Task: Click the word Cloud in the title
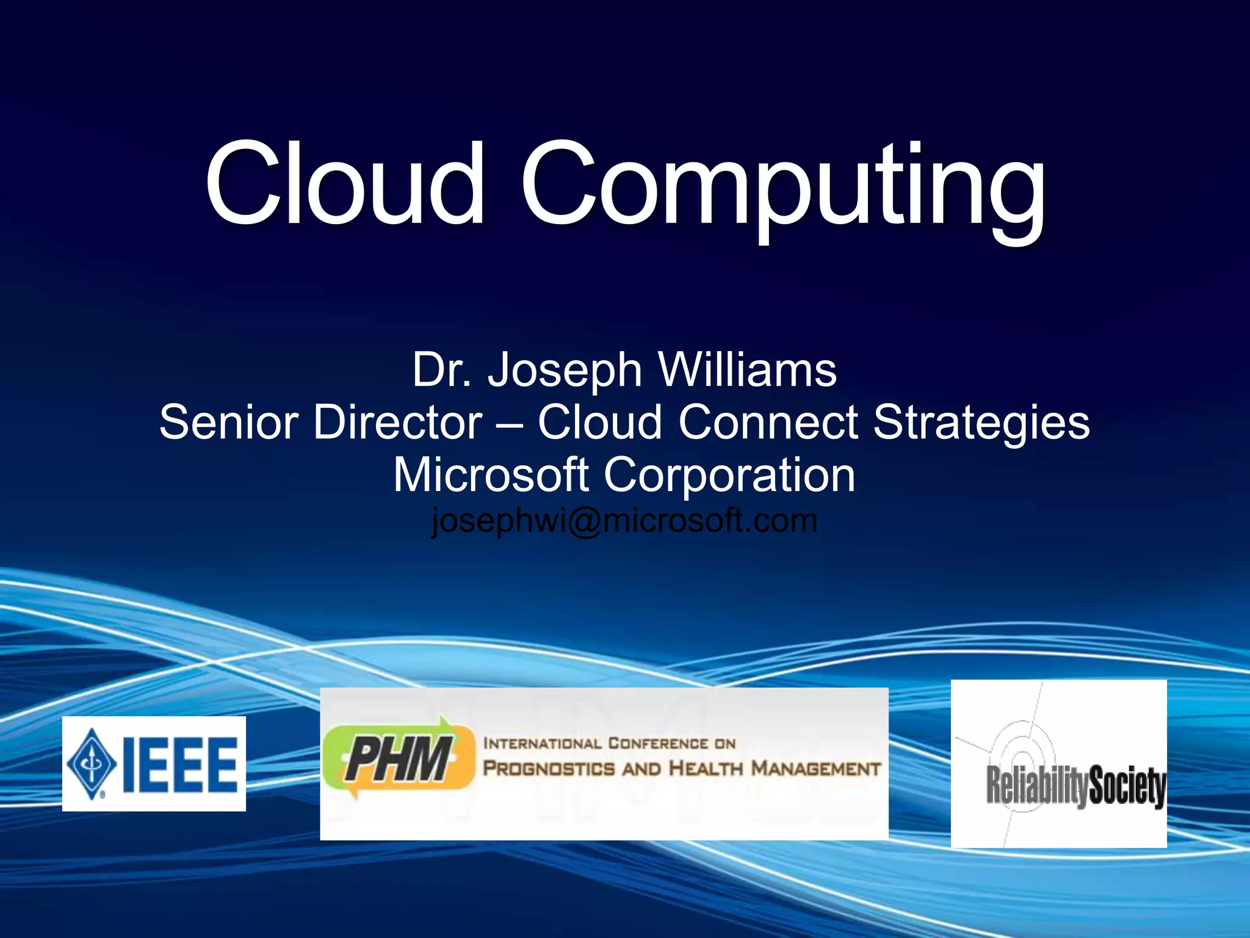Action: point(345,183)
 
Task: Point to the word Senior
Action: point(228,422)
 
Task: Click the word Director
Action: point(398,422)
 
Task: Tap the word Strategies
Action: point(981,422)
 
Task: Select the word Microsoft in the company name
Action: point(491,475)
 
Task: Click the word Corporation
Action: point(729,475)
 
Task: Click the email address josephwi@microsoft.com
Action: point(624,520)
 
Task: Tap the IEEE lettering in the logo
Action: point(180,765)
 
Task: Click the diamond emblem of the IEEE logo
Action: point(92,763)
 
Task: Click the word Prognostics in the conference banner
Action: point(549,768)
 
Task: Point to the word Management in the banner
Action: point(816,768)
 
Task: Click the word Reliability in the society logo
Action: point(1036,786)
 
